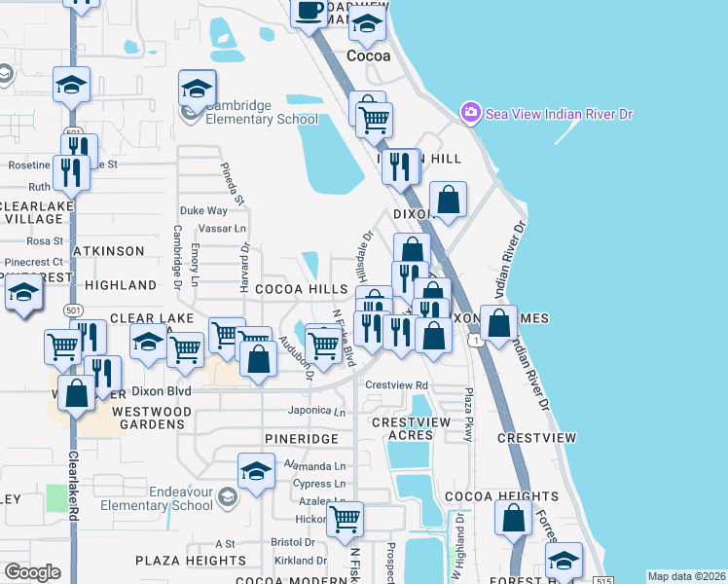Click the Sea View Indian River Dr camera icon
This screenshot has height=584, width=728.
tap(471, 113)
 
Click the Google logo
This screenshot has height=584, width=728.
tap(32, 572)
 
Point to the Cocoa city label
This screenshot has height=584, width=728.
tap(369, 55)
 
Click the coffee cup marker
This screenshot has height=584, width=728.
tap(309, 12)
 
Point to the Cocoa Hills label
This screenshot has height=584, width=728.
tap(301, 290)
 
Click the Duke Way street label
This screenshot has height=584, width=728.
tap(203, 210)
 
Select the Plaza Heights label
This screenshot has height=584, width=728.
tap(191, 561)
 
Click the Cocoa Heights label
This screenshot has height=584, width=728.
tap(460, 496)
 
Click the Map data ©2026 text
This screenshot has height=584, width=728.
tap(685, 576)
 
